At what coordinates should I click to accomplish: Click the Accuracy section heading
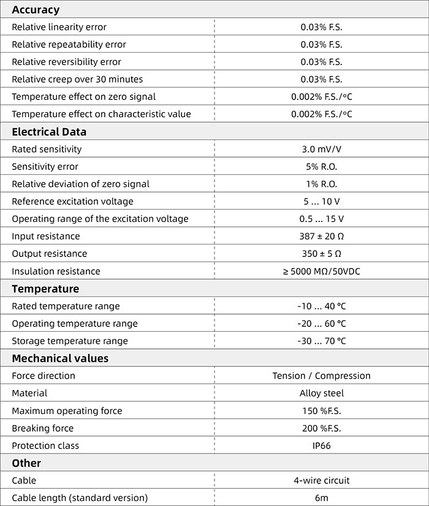36,10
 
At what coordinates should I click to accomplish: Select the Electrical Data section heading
49,132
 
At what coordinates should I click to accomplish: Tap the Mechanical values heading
60,359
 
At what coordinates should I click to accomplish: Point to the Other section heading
26,463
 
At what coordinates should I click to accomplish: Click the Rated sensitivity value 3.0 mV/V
321,149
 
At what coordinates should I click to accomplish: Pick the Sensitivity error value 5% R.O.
321,167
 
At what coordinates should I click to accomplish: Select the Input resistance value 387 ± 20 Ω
321,236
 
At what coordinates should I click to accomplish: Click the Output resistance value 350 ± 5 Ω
321,254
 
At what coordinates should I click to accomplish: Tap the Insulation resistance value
321,271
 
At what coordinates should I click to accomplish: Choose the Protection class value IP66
321,446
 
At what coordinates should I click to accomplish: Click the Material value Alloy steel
321,393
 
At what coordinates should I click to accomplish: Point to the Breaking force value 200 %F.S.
321,428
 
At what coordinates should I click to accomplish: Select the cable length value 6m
321,498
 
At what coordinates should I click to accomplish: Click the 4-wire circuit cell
321,481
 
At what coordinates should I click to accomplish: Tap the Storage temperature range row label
70,341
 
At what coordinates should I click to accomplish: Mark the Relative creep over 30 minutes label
77,79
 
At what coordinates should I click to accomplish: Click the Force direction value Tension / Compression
321,376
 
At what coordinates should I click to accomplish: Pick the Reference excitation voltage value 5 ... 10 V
321,202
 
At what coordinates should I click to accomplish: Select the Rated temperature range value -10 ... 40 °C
321,306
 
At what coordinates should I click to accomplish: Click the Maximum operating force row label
67,411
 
